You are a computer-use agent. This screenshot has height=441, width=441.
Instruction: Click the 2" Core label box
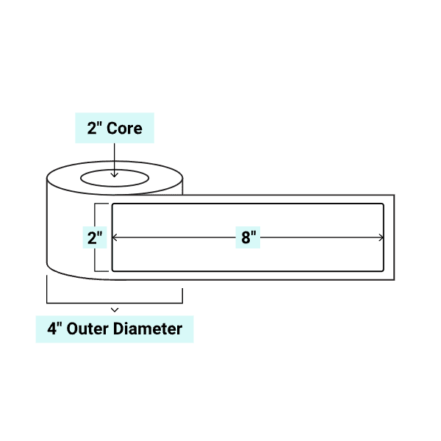(x=115, y=128)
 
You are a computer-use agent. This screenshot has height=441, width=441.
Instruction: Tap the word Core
(x=125, y=128)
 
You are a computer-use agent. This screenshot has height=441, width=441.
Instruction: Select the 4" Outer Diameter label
(x=115, y=329)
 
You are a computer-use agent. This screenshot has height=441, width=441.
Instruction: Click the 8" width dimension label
(x=248, y=237)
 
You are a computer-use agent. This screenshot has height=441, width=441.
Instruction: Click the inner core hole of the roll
(x=114, y=178)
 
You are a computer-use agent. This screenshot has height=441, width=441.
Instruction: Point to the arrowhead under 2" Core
(x=115, y=175)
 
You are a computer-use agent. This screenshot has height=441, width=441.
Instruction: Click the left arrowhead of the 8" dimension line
(x=115, y=237)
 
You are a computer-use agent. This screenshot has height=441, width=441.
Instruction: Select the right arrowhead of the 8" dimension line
(x=381, y=237)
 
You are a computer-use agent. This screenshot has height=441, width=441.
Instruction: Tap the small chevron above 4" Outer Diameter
(x=115, y=310)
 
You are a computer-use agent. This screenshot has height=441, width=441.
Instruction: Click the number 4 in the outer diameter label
(x=51, y=329)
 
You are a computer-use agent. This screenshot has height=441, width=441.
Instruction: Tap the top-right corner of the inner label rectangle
(x=383, y=204)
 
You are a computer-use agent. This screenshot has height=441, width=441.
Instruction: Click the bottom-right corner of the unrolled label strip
(x=395, y=279)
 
